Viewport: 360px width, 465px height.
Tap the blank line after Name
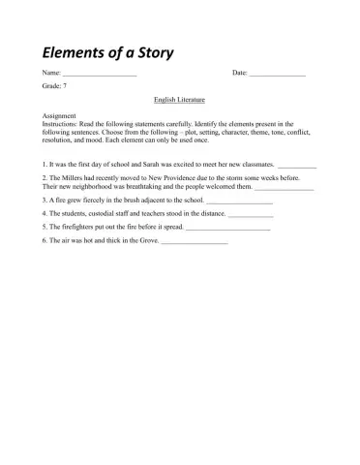click(100, 75)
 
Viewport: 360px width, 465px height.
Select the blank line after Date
click(278, 75)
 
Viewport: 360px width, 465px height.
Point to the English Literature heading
click(180, 100)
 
